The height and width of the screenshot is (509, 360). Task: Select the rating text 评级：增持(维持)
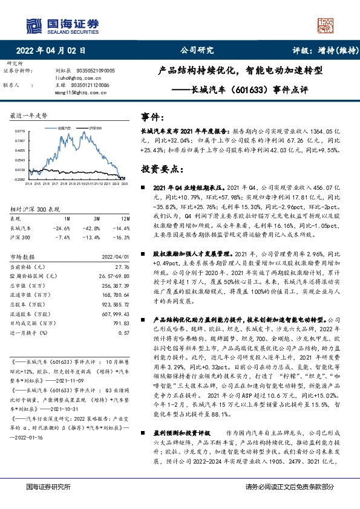pyautogui.click(x=318, y=51)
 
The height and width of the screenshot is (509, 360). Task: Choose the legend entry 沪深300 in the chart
pyautogui.click(x=95, y=128)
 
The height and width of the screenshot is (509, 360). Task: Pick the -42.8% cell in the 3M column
pyautogui.click(x=93, y=228)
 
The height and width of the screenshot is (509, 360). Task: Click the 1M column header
pyautogui.click(x=67, y=218)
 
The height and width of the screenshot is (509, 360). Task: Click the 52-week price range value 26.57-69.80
pyautogui.click(x=116, y=275)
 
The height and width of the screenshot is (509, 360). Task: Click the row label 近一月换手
pyautogui.click(x=26, y=332)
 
